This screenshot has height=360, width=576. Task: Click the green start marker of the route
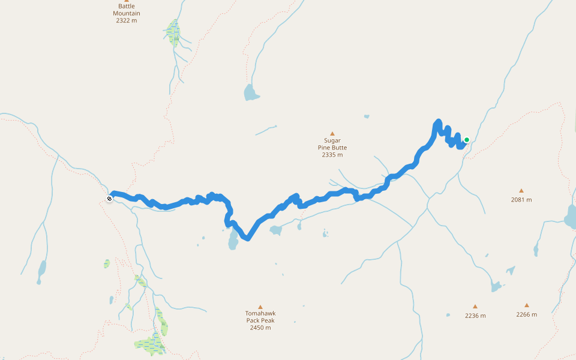(x=466, y=140)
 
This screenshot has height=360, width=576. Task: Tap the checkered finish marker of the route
(x=109, y=199)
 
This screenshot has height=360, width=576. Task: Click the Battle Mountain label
(x=127, y=10)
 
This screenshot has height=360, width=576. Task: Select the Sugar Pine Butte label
(x=332, y=144)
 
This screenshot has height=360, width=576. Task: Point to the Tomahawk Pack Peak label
(x=260, y=317)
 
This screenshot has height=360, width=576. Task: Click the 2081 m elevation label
(x=521, y=200)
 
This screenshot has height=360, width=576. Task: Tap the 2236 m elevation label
(x=475, y=316)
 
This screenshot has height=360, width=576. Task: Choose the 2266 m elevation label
(x=526, y=314)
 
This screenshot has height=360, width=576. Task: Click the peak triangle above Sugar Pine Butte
(x=332, y=133)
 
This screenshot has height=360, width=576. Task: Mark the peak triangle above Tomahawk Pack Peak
(x=260, y=307)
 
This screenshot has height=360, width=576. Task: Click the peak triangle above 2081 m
(x=521, y=191)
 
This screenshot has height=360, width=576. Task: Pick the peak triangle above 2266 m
(x=526, y=305)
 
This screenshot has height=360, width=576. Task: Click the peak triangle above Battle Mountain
(x=127, y=1)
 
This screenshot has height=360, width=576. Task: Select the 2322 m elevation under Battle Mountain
(x=127, y=20)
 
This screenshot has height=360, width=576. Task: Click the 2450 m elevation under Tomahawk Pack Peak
(x=260, y=328)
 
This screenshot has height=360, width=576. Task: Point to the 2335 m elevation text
(x=332, y=155)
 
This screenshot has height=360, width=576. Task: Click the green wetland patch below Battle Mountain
(x=174, y=32)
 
